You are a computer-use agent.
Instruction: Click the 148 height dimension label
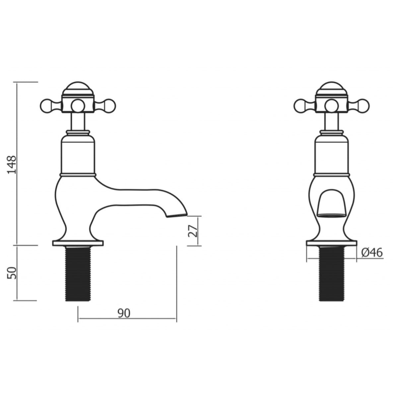[x=12, y=165]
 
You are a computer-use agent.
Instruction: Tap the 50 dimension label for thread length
[x=12, y=273]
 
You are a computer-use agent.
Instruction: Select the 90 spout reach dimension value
[x=124, y=312]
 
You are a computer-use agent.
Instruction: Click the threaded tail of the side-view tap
[x=78, y=274]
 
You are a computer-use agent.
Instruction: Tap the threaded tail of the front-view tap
[x=332, y=274]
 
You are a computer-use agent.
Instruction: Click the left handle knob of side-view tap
[x=45, y=105]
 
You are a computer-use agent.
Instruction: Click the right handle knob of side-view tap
[x=109, y=105]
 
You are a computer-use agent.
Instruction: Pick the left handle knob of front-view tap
[x=300, y=105]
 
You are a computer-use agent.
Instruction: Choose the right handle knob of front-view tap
[x=364, y=105]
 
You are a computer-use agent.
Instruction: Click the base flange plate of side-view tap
[x=78, y=243]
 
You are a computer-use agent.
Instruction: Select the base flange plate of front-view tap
[x=332, y=243]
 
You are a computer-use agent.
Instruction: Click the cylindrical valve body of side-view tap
[x=78, y=154]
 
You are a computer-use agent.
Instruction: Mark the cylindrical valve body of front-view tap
[x=332, y=154]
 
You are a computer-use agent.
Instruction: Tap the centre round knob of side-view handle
[x=78, y=105]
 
